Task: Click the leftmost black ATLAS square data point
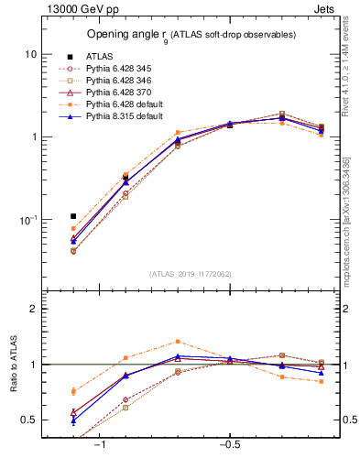tap(73, 216)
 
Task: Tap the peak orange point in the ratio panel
tap(178, 341)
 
